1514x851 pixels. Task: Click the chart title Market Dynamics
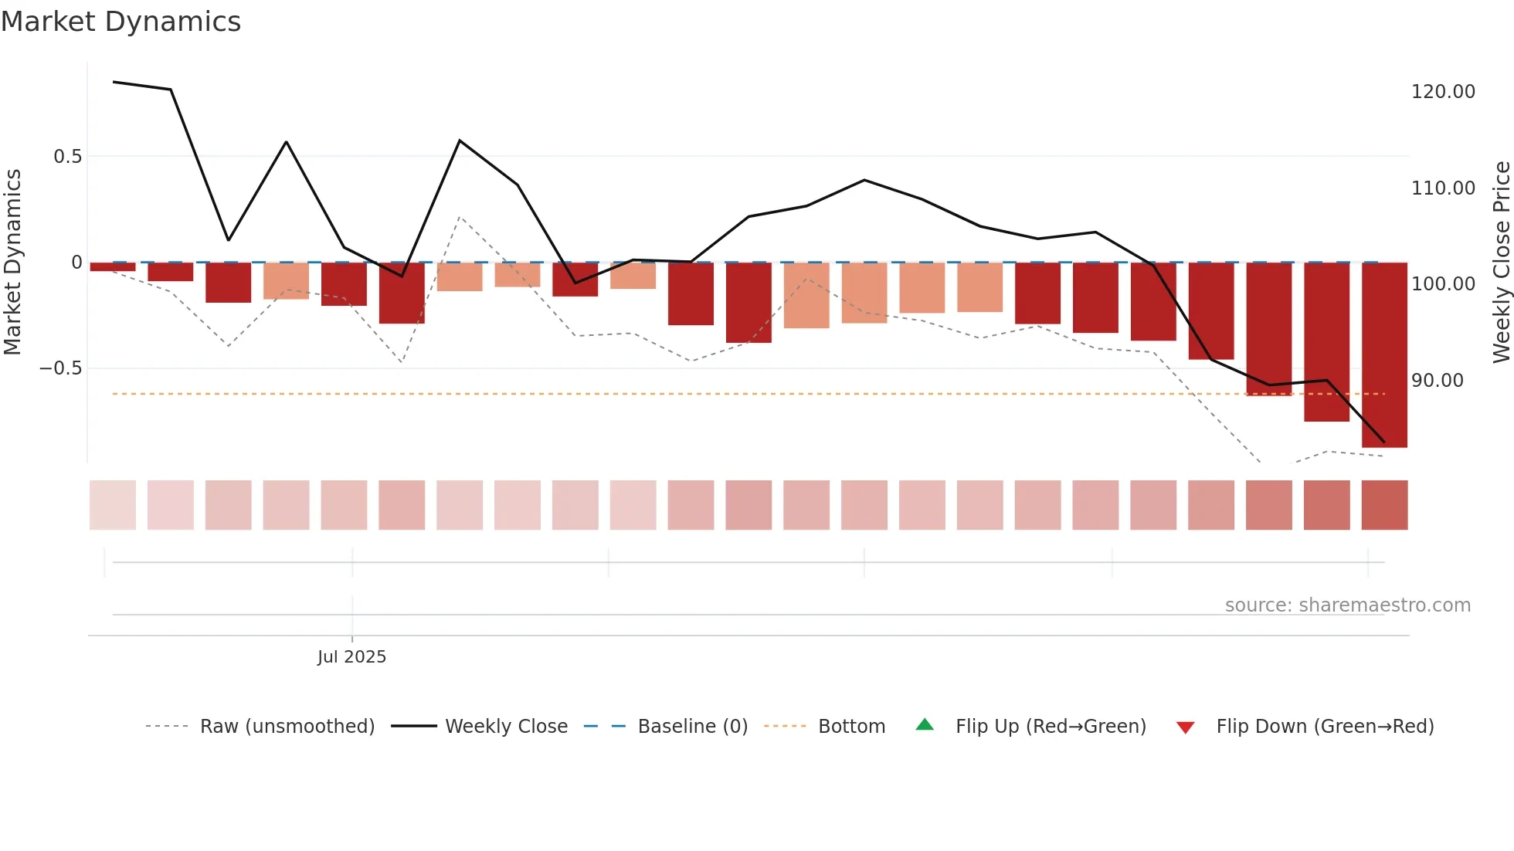121,22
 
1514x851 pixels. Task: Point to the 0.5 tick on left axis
67,157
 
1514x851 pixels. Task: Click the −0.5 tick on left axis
61,368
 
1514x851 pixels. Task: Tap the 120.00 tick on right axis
1443,92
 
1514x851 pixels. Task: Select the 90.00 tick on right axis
1437,381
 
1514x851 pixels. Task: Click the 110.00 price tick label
1443,188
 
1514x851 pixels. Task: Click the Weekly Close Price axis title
1501,262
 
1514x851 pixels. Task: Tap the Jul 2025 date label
351,657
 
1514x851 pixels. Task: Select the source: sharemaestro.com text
1347,605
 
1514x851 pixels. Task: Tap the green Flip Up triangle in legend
925,725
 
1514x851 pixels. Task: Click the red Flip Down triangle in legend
1185,727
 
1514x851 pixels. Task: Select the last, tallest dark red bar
1384,355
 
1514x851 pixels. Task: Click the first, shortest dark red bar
113,267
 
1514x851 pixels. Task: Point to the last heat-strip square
1384,505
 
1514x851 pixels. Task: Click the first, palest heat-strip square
113,505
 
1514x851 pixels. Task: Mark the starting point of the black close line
114,82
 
